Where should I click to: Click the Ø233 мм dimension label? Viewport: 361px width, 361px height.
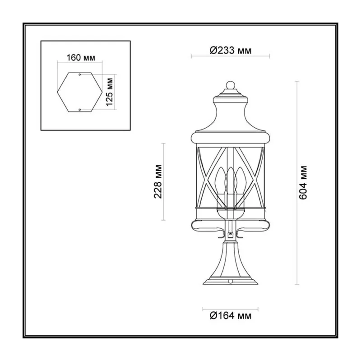[x=231, y=50]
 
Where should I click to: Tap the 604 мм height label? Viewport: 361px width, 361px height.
[x=303, y=182]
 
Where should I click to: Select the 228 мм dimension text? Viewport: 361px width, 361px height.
[x=158, y=181]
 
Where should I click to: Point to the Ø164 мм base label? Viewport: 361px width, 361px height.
[x=231, y=315]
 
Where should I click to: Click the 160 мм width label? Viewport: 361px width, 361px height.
[x=81, y=58]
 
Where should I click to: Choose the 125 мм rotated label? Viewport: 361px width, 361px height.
[x=110, y=92]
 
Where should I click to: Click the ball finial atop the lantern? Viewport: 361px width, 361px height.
[x=231, y=85]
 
